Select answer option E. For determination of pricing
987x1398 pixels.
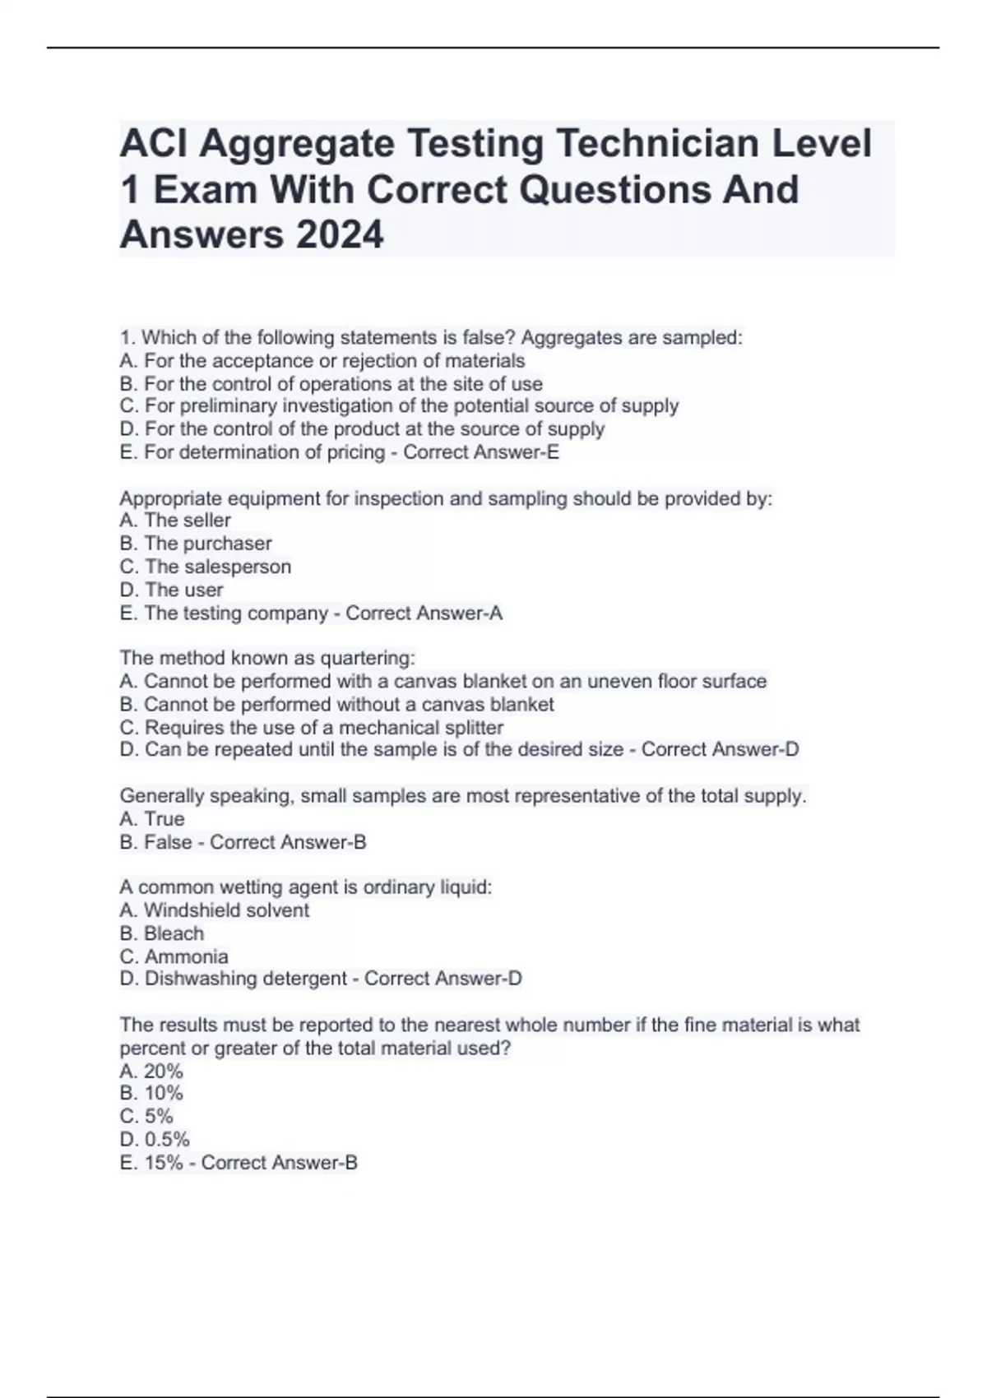pos(252,452)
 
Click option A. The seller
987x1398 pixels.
pos(175,521)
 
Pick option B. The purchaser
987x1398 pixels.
pos(195,544)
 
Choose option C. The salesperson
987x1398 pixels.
pos(205,567)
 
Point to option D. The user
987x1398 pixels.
pos(171,590)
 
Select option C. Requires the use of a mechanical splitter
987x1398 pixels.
pos(311,728)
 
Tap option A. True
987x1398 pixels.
pos(152,819)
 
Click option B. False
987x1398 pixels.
pos(155,842)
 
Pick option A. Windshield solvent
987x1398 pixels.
pos(214,910)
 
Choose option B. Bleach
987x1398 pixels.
pos(161,933)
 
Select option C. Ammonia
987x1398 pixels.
pos(174,956)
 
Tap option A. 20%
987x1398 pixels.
pos(151,1071)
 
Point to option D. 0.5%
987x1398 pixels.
pos(155,1140)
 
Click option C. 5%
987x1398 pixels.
pos(146,1117)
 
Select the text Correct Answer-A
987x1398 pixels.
pos(424,613)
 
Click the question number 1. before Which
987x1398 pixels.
pos(127,338)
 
